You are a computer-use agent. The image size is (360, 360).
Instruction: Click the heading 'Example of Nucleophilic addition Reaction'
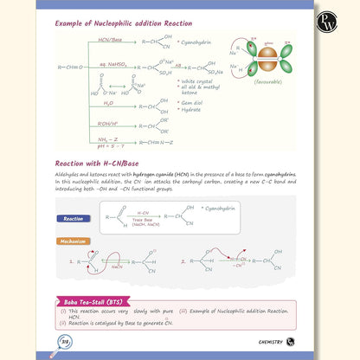[124, 22]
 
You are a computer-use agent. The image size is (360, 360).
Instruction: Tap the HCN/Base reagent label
[109, 39]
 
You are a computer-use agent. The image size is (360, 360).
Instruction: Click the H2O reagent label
[108, 101]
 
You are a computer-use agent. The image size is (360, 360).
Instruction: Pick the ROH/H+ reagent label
[110, 122]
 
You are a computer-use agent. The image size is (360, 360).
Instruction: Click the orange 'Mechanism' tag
[73, 241]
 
